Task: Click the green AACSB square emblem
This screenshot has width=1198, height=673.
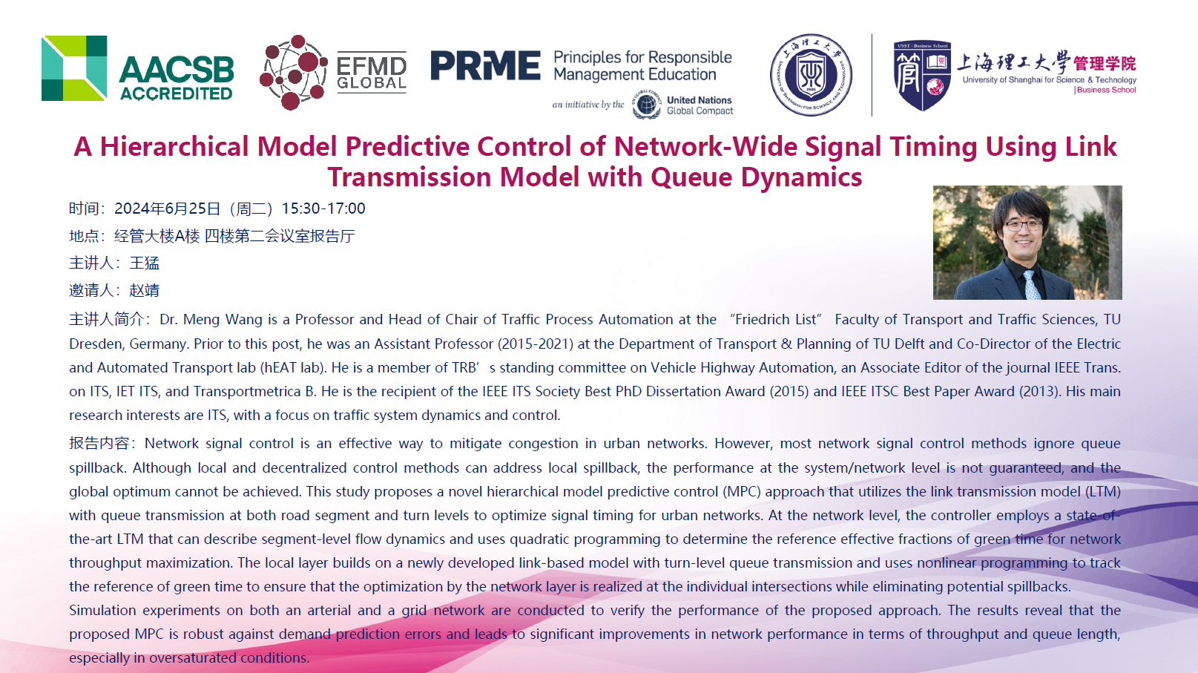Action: pyautogui.click(x=74, y=68)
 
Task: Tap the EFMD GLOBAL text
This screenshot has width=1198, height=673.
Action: pyautogui.click(x=372, y=73)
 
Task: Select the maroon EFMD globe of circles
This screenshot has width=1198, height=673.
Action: pyautogui.click(x=293, y=73)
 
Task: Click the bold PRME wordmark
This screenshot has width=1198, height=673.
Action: pyautogui.click(x=486, y=66)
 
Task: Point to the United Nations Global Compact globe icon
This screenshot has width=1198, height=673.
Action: pyautogui.click(x=646, y=105)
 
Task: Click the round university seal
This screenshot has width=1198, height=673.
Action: pyautogui.click(x=811, y=75)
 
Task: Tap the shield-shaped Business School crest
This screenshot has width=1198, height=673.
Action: pyautogui.click(x=922, y=76)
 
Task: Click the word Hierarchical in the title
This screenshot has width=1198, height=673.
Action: pyautogui.click(x=174, y=147)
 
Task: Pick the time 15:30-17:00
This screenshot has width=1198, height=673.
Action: pyautogui.click(x=323, y=208)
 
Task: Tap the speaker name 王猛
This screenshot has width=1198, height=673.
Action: pyautogui.click(x=145, y=263)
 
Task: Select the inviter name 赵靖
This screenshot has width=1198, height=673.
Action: pyautogui.click(x=145, y=290)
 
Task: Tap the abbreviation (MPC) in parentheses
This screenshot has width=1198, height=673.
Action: pyautogui.click(x=742, y=491)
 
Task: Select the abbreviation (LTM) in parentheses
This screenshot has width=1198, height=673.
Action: pyautogui.click(x=1102, y=491)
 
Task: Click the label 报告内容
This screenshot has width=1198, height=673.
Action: pyautogui.click(x=99, y=443)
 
